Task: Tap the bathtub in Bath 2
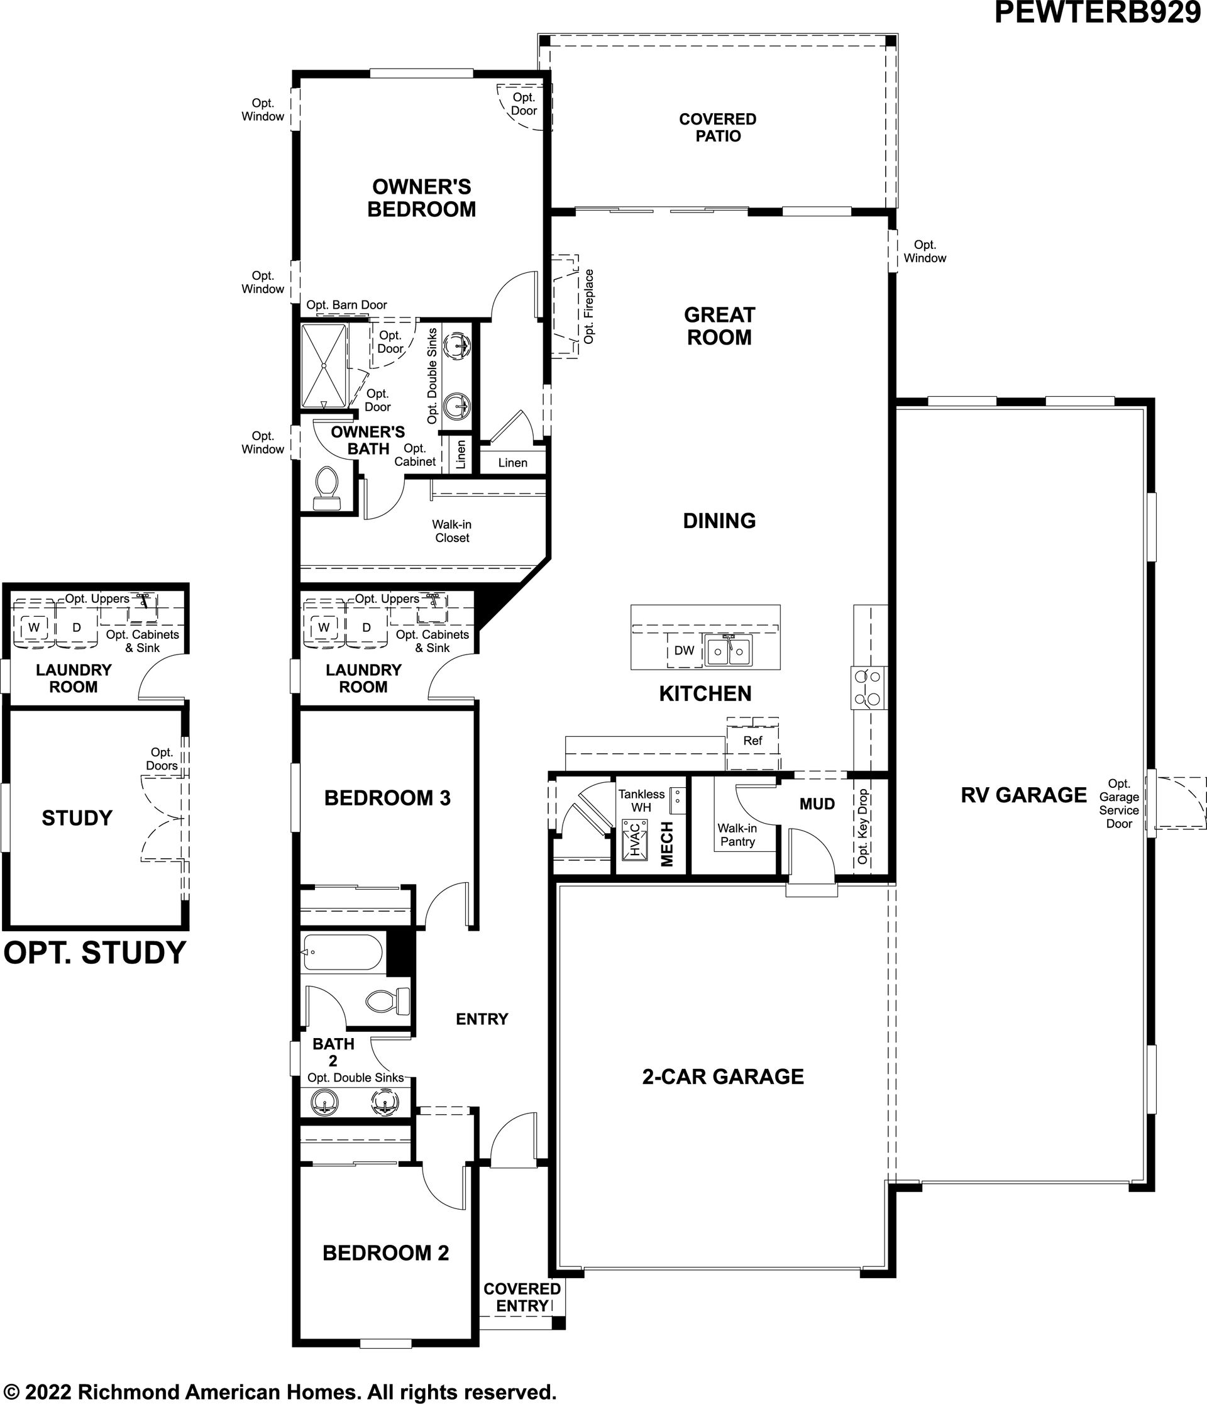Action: (x=343, y=952)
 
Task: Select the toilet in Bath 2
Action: (x=387, y=1001)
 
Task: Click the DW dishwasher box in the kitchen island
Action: (x=684, y=651)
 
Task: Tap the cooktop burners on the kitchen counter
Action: (x=869, y=687)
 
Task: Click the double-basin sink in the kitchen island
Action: (x=729, y=651)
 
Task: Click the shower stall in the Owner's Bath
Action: (x=324, y=366)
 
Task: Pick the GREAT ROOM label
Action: (x=719, y=326)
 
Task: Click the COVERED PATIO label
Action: (x=718, y=128)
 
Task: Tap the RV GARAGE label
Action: (x=1023, y=795)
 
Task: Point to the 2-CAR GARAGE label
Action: (x=723, y=1076)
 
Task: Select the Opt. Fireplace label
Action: (x=588, y=306)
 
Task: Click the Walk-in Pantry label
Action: (x=737, y=835)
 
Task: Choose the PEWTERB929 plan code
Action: (x=1097, y=13)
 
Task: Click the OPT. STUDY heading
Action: (x=95, y=953)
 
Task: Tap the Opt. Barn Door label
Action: (x=347, y=305)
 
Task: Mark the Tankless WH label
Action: (x=641, y=800)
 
